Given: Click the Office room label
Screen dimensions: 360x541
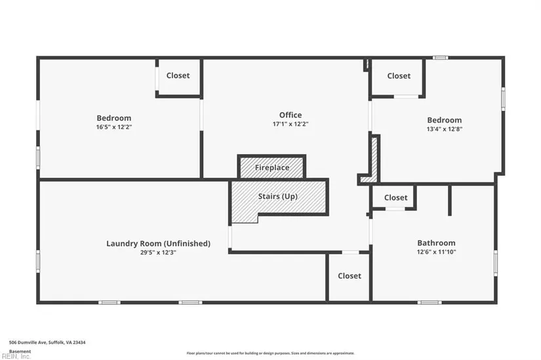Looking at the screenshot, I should coord(291,115).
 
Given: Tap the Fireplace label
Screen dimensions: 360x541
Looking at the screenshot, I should coord(271,168).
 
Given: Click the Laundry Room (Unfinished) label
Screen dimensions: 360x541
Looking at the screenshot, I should coord(158,243).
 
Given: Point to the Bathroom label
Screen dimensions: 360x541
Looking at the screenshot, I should coord(436,243).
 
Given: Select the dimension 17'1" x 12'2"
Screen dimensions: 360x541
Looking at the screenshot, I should coord(291,123).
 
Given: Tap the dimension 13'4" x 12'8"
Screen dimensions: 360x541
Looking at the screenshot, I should coord(444,129).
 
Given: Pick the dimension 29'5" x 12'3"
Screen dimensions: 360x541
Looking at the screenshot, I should coord(158,252).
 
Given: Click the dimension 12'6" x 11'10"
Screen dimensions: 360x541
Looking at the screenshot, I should coord(436,251).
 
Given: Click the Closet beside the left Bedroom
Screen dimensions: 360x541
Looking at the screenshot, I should coord(178,75).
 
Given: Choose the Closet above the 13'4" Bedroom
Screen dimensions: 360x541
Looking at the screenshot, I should coord(399,76).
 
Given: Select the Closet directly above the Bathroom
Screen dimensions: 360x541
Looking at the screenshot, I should coord(395,197).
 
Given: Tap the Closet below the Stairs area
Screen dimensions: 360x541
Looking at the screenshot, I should coord(350,276).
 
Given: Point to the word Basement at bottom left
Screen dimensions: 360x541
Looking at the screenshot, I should coord(20,351).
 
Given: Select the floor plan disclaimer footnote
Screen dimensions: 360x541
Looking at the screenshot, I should coord(270,353).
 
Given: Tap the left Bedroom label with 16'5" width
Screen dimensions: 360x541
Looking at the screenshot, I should coord(114,118).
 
